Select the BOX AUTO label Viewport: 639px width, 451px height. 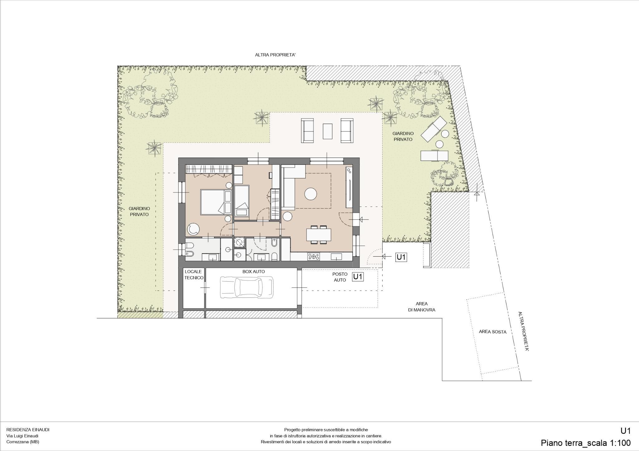(x=254, y=272)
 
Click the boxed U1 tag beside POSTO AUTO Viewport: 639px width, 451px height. (x=358, y=277)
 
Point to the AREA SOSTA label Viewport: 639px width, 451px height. (x=493, y=332)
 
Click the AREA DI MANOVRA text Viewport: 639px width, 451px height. (x=422, y=307)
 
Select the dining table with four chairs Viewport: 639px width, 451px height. (x=319, y=234)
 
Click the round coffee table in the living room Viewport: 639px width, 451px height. (x=311, y=194)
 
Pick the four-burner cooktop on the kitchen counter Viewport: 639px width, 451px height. (x=314, y=257)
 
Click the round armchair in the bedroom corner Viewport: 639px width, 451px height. (x=193, y=230)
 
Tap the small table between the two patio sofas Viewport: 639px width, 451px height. (x=328, y=131)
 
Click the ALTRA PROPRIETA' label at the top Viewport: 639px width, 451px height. (x=275, y=55)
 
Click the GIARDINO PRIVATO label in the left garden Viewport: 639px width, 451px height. (x=139, y=211)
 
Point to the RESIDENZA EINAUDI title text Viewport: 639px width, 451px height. (x=28, y=430)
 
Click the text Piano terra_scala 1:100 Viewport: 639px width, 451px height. (x=586, y=443)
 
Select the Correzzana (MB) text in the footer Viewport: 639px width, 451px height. (x=23, y=442)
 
